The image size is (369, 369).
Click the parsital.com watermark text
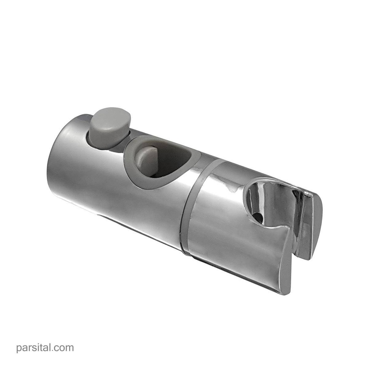pyautogui.click(x=45, y=347)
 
